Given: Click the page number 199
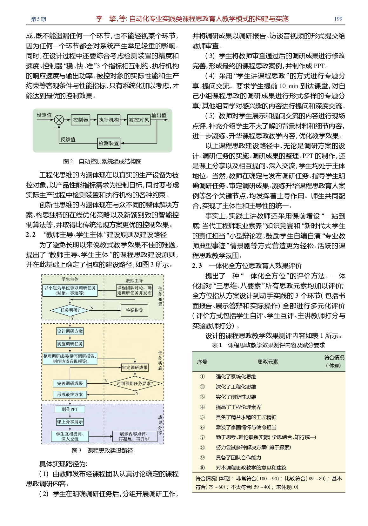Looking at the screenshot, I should coord(338,19).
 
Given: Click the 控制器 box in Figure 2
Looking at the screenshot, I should coord(80,120).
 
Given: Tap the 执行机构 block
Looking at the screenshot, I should coord(109,120).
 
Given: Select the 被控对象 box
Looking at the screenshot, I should coord(139,120).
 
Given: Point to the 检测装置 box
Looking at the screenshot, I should coord(109,143).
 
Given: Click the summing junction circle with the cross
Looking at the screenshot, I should coord(59,120).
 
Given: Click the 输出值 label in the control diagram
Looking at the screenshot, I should coord(159,115).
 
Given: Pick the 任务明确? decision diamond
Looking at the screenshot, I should coord(70,310).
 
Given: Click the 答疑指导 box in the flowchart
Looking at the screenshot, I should coord(134,310).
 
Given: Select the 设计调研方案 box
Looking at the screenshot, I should coord(70,331).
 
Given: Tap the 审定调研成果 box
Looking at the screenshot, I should coord(135,368).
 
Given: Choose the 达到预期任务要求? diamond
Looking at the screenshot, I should coord(135,383).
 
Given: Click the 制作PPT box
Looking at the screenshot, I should coord(70,409).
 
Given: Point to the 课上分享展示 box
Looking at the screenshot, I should coord(70,422).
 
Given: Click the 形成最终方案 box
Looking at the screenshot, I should coord(70,394).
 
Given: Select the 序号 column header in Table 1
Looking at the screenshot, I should coord(202,361).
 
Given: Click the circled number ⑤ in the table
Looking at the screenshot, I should coord(202,417).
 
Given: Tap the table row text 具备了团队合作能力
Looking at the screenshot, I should coord(238,457).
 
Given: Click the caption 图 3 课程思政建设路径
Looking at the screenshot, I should coord(102,450).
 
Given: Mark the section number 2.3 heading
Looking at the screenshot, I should coord(197,266).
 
